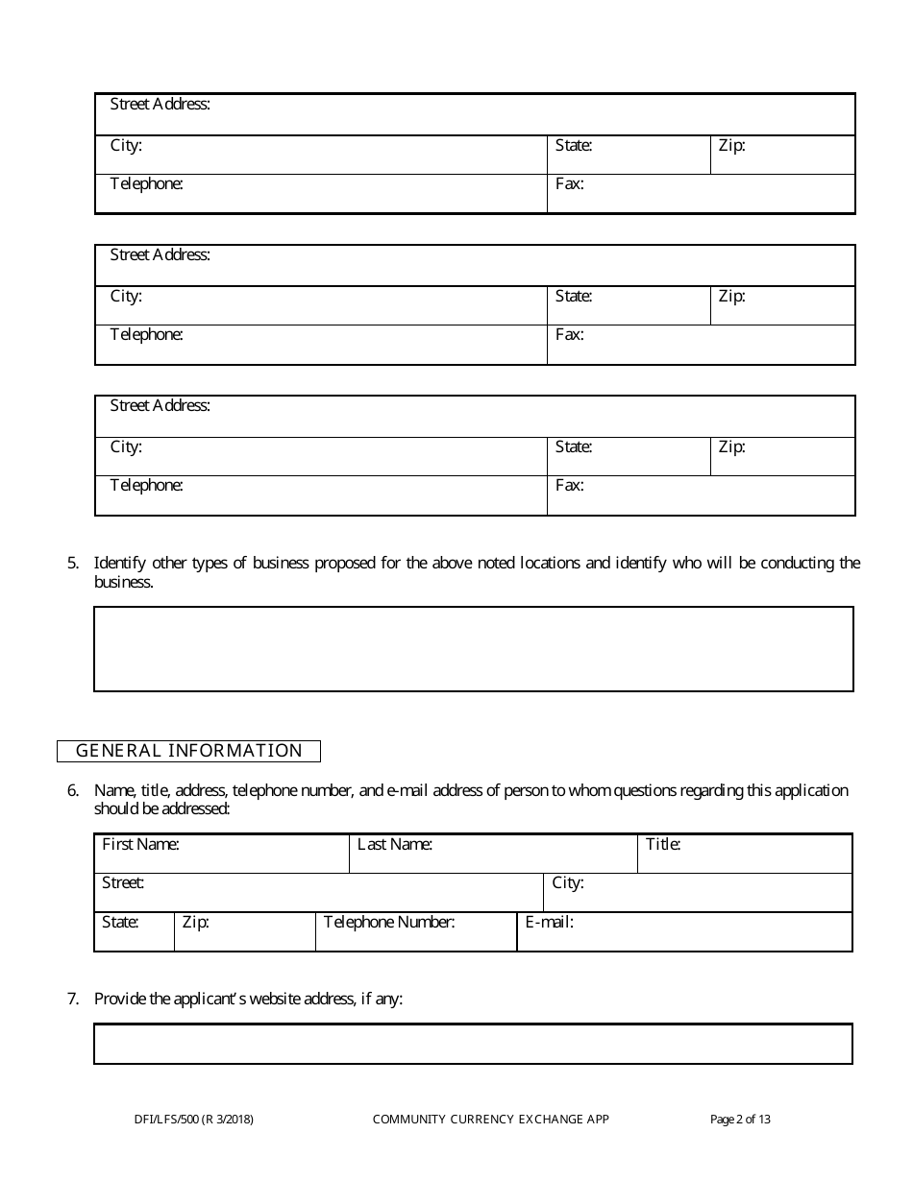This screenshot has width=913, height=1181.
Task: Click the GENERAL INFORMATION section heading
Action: [188, 751]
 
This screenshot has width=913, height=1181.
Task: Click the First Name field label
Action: [140, 845]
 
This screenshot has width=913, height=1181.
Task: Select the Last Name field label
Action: [394, 845]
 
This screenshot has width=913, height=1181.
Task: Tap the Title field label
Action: [663, 845]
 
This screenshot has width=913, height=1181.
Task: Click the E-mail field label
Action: [549, 923]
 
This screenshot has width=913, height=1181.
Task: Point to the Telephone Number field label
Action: [389, 923]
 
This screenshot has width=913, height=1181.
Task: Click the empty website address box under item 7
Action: [473, 1044]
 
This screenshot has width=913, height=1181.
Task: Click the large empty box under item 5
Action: [473, 649]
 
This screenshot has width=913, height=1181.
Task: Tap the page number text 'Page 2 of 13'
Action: [740, 1119]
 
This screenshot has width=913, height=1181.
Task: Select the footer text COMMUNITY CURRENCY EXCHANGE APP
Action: [490, 1119]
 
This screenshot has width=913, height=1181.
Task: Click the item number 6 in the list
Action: [73, 791]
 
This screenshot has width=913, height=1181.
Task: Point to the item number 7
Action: [73, 999]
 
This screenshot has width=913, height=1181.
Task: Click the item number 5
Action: [73, 564]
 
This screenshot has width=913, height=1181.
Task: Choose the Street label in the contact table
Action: [123, 882]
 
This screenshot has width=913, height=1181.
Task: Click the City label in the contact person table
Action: [567, 882]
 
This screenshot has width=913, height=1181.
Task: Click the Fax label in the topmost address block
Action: [569, 183]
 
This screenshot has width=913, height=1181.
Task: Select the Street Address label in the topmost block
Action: [160, 104]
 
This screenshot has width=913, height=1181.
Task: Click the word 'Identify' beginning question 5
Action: [120, 564]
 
